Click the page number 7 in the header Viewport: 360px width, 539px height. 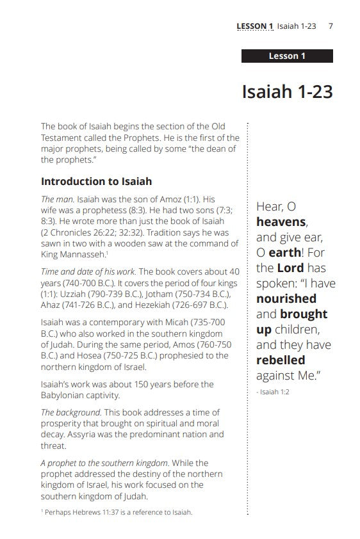[331, 26]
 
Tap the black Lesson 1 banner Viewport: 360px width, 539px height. [287, 56]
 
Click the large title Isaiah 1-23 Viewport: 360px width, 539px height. [288, 91]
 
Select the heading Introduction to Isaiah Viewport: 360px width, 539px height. [96, 181]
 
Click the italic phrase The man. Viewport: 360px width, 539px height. [56, 199]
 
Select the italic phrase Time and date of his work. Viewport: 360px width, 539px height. [87, 271]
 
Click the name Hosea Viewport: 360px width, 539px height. [97, 356]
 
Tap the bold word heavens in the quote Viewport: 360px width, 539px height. [281, 222]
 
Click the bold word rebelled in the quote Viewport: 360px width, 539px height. [281, 360]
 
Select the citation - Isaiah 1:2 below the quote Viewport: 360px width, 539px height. [273, 392]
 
